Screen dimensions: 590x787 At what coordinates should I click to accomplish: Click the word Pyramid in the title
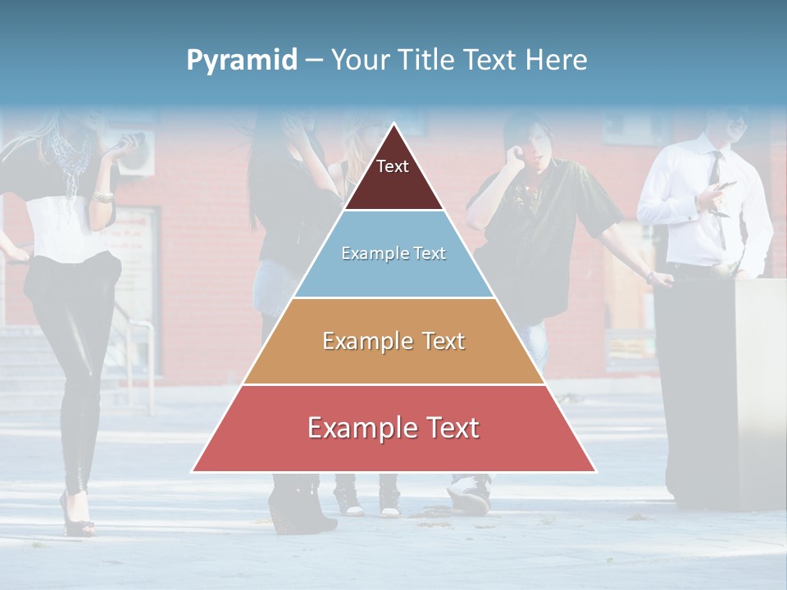[x=242, y=61]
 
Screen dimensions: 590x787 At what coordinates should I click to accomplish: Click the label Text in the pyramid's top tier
[x=393, y=166]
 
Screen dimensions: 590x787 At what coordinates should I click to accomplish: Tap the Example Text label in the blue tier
[x=393, y=253]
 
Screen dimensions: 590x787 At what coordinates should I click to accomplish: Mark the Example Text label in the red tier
[x=393, y=428]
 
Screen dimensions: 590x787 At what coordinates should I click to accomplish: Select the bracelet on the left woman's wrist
[x=102, y=197]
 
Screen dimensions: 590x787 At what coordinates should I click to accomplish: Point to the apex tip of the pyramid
[x=393, y=125]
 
